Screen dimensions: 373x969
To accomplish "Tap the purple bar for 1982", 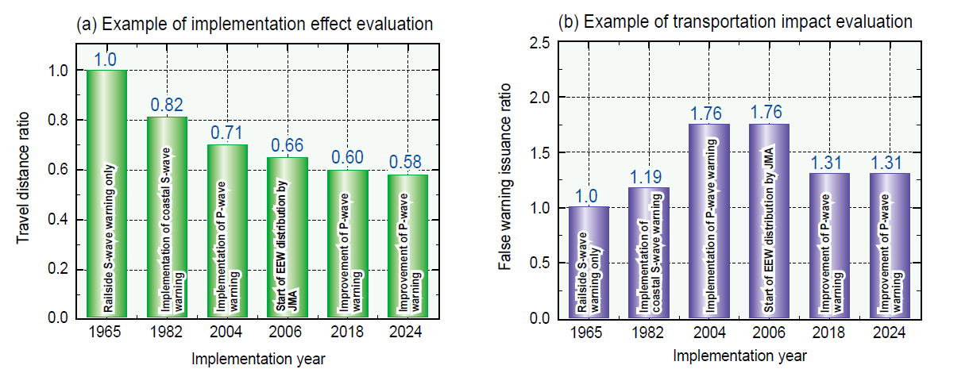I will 650,254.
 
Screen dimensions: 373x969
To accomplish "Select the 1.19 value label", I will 650,177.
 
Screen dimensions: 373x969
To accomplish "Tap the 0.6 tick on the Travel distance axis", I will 63,170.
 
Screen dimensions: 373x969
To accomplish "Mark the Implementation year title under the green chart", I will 258,359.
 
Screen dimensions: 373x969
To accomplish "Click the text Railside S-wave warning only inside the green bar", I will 107,238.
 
